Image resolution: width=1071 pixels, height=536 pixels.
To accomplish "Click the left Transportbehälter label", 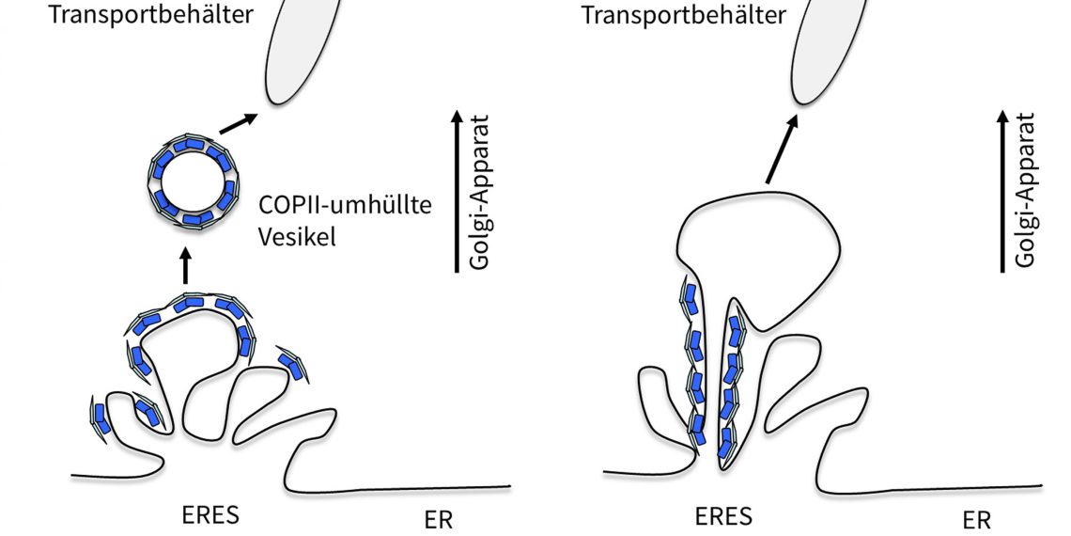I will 153,16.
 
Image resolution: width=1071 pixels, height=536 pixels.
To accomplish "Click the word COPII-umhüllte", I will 344,205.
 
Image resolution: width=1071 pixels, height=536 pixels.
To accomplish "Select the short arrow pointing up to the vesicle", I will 184,265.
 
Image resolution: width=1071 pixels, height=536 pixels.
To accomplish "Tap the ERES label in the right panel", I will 723,516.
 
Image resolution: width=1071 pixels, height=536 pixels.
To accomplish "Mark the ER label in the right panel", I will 975,519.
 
